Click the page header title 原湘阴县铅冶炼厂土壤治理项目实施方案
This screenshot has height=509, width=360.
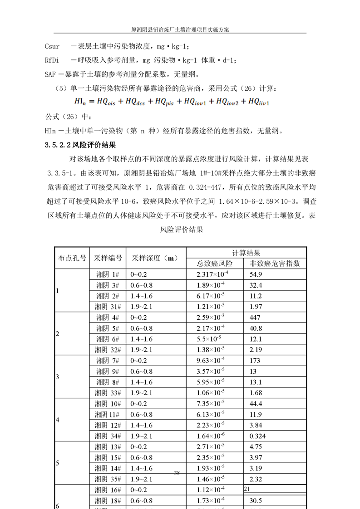coord(180,29)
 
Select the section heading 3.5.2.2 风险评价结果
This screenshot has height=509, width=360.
coord(81,146)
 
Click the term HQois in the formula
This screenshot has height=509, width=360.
coord(108,103)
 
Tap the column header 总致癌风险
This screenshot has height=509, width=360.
coord(214,264)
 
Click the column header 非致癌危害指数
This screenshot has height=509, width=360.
coord(275,264)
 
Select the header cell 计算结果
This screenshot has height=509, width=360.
coord(246,253)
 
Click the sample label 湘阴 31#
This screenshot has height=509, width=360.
coord(107,307)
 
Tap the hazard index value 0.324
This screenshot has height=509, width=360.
coord(258,436)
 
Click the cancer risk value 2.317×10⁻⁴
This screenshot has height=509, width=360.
coord(212,274)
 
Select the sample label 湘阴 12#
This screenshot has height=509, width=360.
coord(108,425)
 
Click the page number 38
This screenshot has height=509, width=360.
coord(177,473)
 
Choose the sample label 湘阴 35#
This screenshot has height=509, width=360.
coord(108,479)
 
